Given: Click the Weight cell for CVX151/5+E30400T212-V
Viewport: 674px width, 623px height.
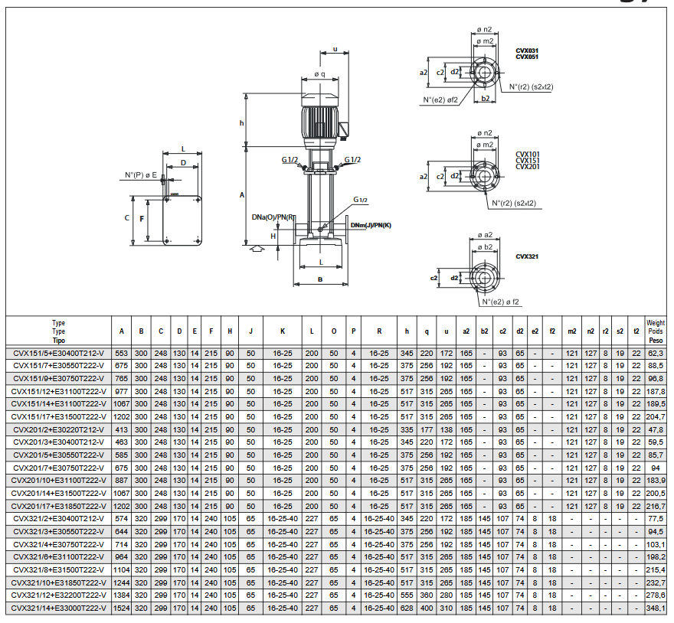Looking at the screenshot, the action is pyautogui.click(x=656, y=353).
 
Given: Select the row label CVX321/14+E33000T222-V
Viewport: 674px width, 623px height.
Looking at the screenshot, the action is pyautogui.click(x=58, y=608).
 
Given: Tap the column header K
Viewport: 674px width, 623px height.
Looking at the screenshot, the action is pyautogui.click(x=283, y=331).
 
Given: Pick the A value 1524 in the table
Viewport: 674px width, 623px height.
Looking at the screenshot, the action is pyautogui.click(x=121, y=608).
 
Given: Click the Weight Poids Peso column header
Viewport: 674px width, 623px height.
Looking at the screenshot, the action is pyautogui.click(x=656, y=331).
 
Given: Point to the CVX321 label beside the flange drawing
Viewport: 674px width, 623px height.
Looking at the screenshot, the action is pyautogui.click(x=527, y=256).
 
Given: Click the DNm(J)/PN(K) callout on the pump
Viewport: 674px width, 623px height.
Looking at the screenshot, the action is pyautogui.click(x=371, y=225).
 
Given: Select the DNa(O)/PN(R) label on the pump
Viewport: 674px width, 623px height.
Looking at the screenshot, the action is pyautogui.click(x=273, y=217).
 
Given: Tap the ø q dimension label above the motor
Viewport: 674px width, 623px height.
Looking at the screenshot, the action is pyautogui.click(x=320, y=74).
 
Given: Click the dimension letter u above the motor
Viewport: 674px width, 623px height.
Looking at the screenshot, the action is pyautogui.click(x=335, y=50).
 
